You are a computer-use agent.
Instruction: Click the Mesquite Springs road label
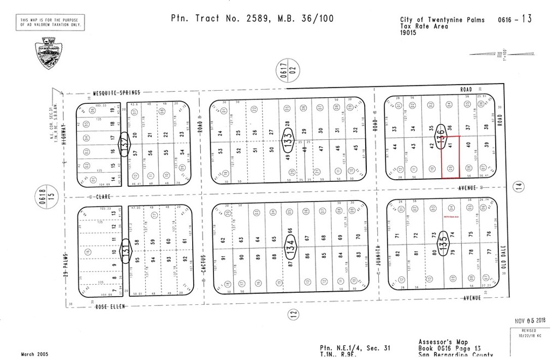117,92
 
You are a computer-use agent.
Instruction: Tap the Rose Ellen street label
108,307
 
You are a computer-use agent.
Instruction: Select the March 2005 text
34,354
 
